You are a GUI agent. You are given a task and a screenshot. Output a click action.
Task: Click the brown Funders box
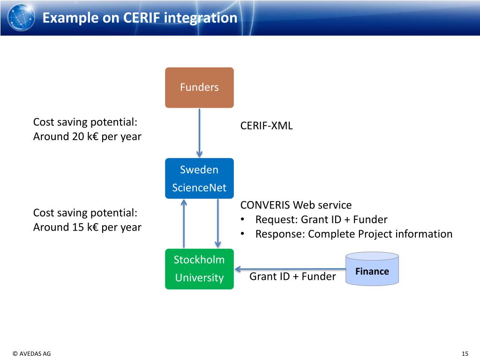pos(199,88)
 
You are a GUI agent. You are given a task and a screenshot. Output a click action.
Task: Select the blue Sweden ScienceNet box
pos(199,178)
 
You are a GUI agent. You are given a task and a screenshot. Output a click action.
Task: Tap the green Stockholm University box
pos(199,269)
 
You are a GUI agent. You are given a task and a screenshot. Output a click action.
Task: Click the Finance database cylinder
pos(372,269)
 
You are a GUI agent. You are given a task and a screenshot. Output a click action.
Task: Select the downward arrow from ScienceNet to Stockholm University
pos(217,223)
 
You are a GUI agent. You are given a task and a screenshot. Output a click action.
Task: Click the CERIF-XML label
pos(266,126)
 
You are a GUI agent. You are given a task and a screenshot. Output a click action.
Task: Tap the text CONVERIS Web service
pos(296,205)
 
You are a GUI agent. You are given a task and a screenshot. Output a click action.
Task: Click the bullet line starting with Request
pos(321,219)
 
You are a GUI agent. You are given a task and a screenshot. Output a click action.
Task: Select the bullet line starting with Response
pos(353,234)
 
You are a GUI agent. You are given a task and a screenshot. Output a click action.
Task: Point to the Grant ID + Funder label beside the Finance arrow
pos(292,277)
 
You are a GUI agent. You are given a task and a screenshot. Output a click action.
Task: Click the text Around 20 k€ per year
pos(87,137)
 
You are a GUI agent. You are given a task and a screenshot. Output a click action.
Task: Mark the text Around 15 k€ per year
pos(87,227)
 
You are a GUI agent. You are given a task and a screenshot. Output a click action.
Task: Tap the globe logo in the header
pos(21,17)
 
